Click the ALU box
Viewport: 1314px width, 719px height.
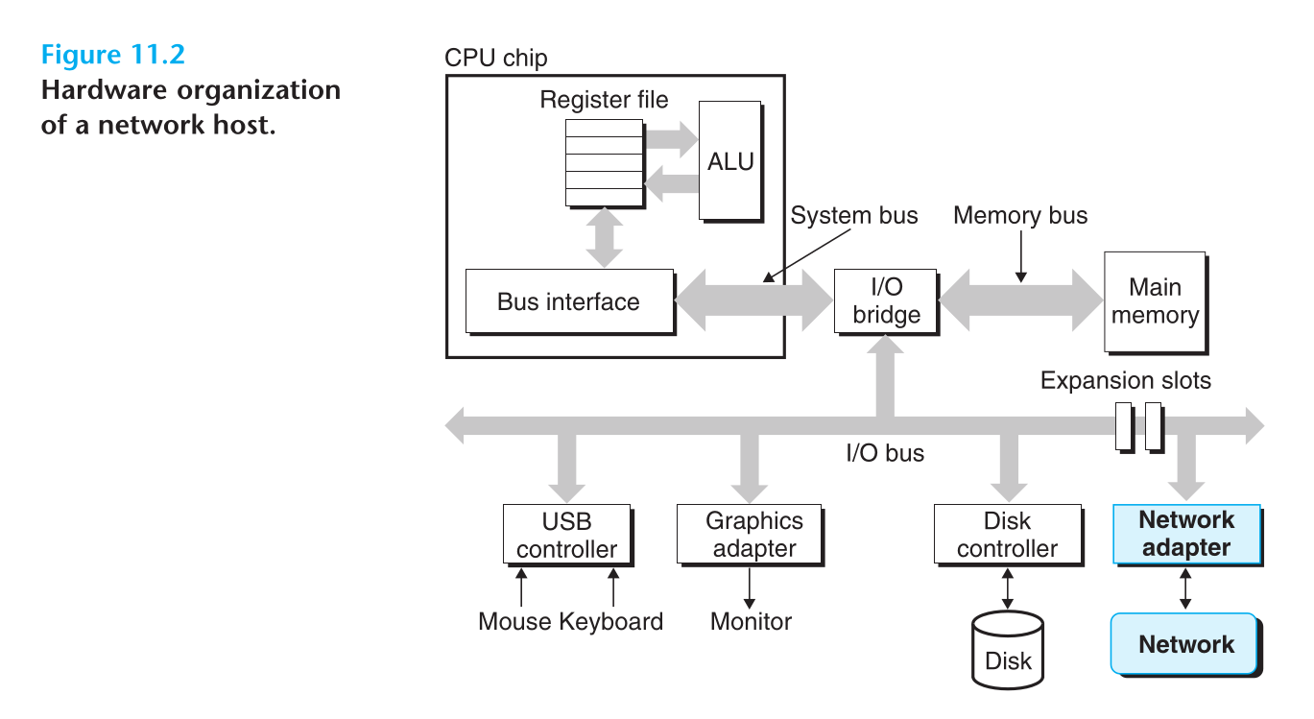point(730,160)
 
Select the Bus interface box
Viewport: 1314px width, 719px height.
point(568,301)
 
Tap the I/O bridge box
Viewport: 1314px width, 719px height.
point(886,300)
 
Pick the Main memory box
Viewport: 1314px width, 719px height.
point(1155,301)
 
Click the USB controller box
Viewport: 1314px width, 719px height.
point(566,535)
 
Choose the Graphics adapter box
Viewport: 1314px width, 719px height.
point(753,535)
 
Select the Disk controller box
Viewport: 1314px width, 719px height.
point(1007,535)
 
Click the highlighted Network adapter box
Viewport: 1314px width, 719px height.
point(1185,534)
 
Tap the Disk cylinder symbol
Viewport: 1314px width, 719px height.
point(1007,650)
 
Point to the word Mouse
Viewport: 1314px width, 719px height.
point(514,621)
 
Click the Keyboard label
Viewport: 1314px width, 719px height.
point(611,621)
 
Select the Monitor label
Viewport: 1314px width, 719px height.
point(751,621)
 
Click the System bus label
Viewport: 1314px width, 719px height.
point(853,215)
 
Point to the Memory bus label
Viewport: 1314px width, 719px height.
point(1020,215)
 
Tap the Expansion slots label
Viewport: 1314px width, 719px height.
point(1125,380)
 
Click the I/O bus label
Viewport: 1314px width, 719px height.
point(884,452)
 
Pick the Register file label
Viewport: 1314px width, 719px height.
point(604,100)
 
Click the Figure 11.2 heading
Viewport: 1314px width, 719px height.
point(112,55)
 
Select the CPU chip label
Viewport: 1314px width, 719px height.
point(495,58)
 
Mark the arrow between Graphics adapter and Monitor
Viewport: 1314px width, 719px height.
point(751,586)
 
